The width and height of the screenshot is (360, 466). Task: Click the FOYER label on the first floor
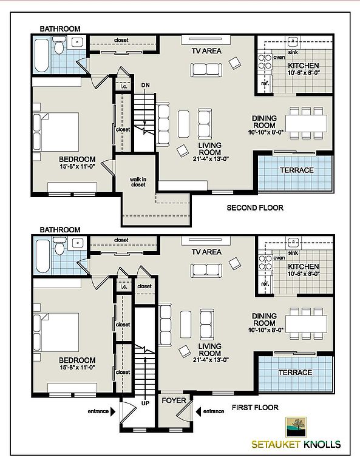click(x=174, y=400)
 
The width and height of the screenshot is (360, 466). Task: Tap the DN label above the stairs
click(x=146, y=86)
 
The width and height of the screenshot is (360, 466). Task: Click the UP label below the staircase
click(x=145, y=404)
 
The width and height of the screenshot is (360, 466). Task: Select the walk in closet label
click(x=138, y=182)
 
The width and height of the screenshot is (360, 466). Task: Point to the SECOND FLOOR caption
click(x=255, y=208)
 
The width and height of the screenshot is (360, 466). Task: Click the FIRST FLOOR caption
click(x=255, y=408)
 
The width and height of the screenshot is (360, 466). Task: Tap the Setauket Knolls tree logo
click(x=296, y=427)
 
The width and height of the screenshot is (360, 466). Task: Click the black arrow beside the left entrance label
click(x=113, y=411)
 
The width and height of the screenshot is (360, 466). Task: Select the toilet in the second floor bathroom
click(x=59, y=45)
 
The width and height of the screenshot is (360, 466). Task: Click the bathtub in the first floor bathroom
click(x=42, y=257)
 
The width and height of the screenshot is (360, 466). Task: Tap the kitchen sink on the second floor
click(x=293, y=42)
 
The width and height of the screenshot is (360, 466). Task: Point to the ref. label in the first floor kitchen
click(x=265, y=284)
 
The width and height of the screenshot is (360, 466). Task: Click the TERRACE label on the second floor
click(x=297, y=170)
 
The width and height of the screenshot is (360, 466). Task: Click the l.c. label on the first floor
click(x=124, y=286)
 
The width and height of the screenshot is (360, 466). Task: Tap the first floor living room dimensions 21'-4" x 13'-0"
click(x=211, y=360)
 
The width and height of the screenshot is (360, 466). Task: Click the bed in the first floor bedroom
click(x=56, y=333)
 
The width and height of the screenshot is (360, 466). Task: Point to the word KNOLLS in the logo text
click(x=322, y=445)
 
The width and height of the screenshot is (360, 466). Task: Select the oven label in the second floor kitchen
click(x=279, y=57)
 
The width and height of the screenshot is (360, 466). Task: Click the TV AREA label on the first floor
click(x=206, y=252)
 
